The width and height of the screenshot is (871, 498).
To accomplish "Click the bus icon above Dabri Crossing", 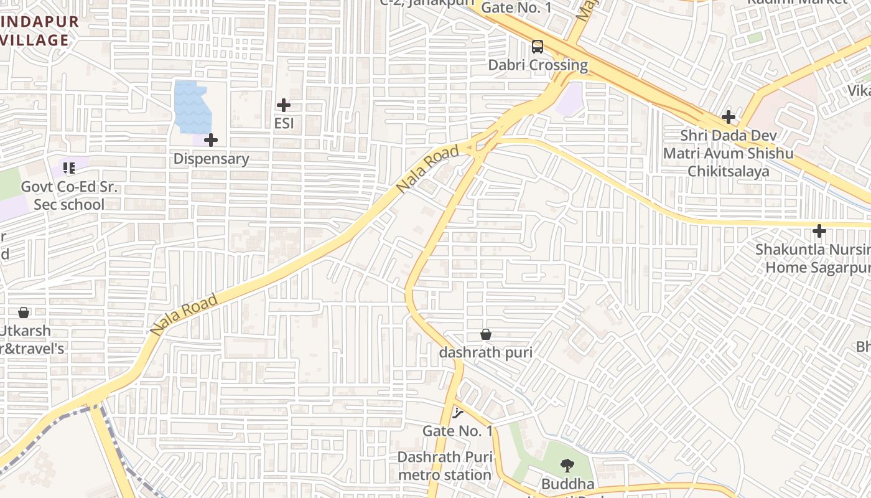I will coord(537,46).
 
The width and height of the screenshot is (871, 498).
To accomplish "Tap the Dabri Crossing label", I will coord(538,65).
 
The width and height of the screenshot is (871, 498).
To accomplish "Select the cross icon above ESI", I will coord(284,105).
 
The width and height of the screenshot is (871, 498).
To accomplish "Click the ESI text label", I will coord(284,123).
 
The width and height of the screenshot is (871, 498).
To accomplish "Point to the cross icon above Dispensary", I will coord(211,140).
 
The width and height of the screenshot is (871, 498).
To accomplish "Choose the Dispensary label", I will coord(211,159).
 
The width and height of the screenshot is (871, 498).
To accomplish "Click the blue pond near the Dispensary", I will coord(192,106).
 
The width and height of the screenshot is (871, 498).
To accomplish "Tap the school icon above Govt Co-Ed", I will coord(69,167).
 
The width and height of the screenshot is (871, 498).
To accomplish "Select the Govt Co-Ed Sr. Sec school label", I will coord(69,195).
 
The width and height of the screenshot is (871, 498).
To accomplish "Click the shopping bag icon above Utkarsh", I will coord(24,312).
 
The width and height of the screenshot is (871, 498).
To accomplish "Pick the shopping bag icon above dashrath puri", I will coord(486,334).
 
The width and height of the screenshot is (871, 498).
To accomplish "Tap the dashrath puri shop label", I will coord(486,352).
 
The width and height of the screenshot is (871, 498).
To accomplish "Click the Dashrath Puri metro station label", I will coord(445,466).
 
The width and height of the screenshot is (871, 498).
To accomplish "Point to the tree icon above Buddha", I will coord(567,465).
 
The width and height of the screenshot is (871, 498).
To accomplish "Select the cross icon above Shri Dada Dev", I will coord(728,116).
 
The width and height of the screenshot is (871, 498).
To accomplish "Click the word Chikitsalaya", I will coord(728,171).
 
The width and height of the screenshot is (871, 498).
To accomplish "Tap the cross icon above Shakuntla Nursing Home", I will coord(819,232).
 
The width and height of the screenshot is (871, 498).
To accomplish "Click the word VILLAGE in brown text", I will coord(34,40).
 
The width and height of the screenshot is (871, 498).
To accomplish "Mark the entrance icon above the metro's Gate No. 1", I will coord(458,412).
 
